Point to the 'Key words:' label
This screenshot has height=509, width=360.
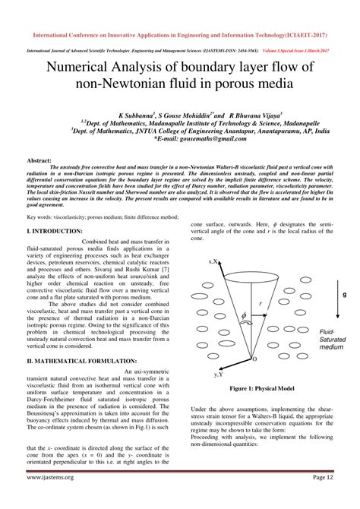(x=40, y=216)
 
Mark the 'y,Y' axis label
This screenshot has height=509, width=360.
(x=218, y=374)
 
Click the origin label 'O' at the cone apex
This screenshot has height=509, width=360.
(x=254, y=358)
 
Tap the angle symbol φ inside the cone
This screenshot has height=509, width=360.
(x=245, y=314)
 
